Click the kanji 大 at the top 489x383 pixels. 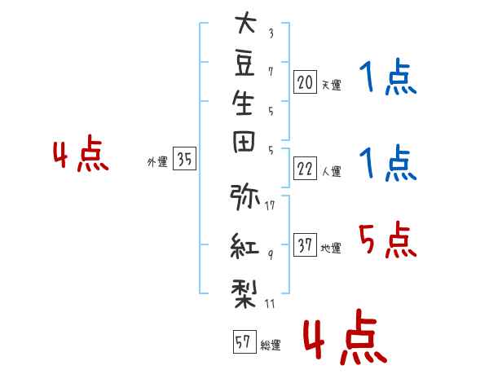coord(245,23)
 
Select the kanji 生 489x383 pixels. coord(243,103)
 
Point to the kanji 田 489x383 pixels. coord(244,142)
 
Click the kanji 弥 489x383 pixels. coord(244,197)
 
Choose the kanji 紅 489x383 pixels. coord(244,246)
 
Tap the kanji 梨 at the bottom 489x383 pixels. coord(244,294)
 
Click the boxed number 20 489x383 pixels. coord(305,82)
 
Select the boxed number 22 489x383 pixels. coord(305,169)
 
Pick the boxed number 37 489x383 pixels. coord(305,244)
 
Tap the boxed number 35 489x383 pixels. coord(185,158)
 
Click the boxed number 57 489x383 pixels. coord(244,341)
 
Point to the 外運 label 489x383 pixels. coord(157,162)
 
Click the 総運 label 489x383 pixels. coord(271,346)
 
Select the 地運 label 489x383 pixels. coord(331,249)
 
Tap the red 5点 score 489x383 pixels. coord(388,240)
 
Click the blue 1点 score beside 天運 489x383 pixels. coord(388,77)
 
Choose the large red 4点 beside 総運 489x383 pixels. coord(346,337)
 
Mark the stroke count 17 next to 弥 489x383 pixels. coord(270,205)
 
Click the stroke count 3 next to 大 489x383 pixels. coord(271,33)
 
